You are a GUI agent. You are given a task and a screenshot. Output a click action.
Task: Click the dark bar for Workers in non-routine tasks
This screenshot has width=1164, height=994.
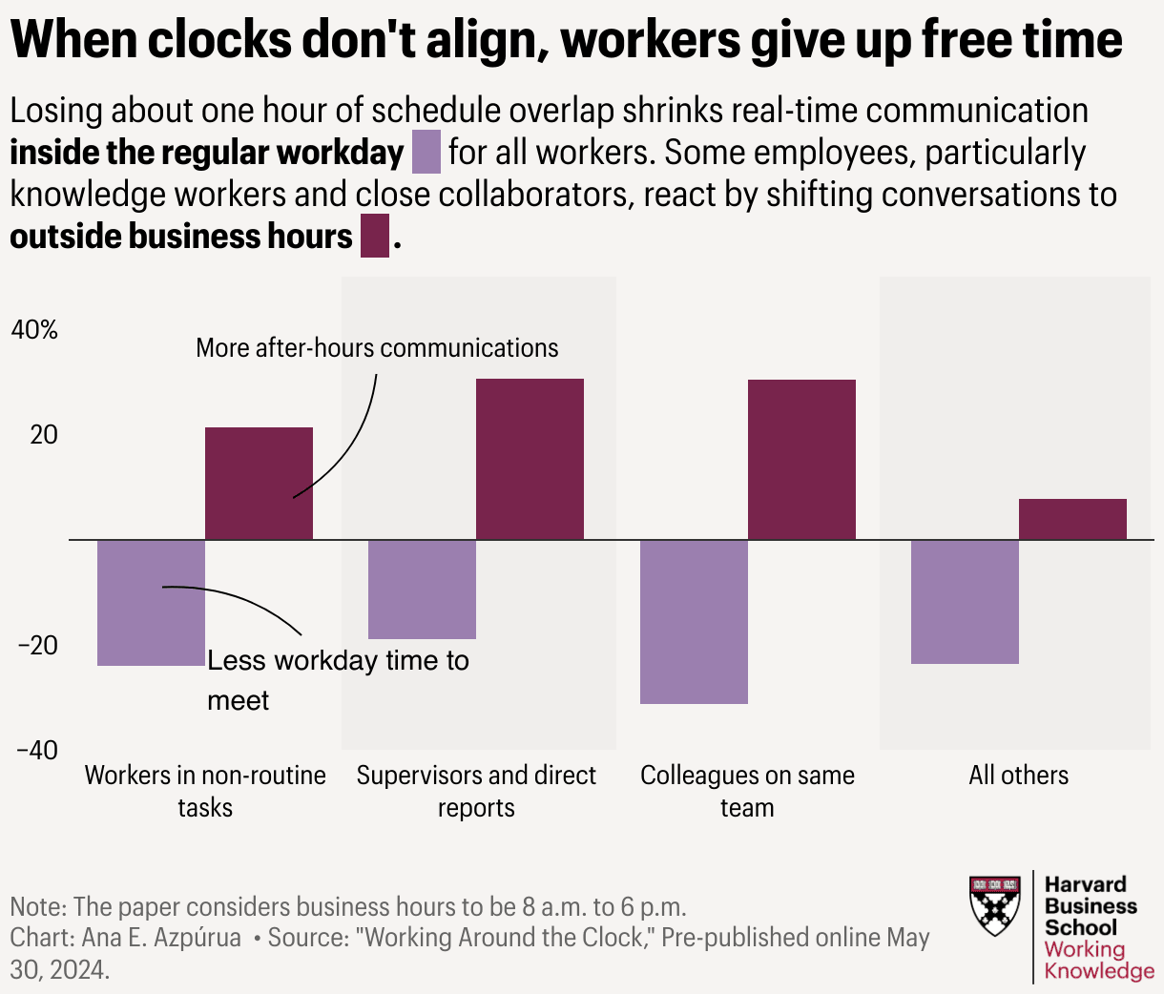click(259, 483)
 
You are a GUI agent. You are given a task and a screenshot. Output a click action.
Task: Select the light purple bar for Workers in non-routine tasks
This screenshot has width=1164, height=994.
click(151, 602)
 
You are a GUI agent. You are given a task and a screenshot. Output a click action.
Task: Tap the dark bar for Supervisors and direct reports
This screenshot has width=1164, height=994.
click(530, 459)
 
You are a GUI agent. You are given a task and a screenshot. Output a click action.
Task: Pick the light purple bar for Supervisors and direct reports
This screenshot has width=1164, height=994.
click(422, 589)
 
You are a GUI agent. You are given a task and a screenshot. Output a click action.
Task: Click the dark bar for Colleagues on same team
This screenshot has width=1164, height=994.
click(801, 459)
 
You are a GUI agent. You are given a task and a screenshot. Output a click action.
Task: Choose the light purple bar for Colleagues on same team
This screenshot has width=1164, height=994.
click(694, 621)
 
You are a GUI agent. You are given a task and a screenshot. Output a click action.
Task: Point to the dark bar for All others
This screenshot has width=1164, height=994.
click(1072, 519)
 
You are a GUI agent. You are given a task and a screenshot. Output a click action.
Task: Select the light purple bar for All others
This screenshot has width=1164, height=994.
click(965, 601)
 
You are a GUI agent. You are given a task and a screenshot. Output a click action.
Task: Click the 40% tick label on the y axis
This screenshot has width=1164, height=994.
click(34, 330)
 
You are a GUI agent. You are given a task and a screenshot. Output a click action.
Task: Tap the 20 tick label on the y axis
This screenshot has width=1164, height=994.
click(44, 435)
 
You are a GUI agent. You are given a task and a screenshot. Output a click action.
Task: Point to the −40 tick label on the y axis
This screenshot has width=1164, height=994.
click(37, 751)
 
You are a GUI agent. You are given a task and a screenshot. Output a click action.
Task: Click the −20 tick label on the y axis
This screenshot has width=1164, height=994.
click(37, 646)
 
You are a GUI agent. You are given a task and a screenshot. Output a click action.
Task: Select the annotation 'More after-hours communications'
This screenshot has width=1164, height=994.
click(377, 348)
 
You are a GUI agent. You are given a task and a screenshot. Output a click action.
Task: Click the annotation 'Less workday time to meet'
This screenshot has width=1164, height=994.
click(338, 679)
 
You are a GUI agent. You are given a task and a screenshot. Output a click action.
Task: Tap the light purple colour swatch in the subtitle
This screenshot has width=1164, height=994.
click(426, 154)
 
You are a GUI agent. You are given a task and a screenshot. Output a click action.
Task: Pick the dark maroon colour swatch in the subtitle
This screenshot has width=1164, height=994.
click(375, 237)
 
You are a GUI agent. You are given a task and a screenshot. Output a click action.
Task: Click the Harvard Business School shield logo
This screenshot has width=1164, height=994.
click(994, 905)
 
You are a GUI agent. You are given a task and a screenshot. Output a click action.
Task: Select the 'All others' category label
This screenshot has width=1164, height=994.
click(1018, 775)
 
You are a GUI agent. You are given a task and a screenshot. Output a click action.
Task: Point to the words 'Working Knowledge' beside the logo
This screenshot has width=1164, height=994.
click(1098, 960)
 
